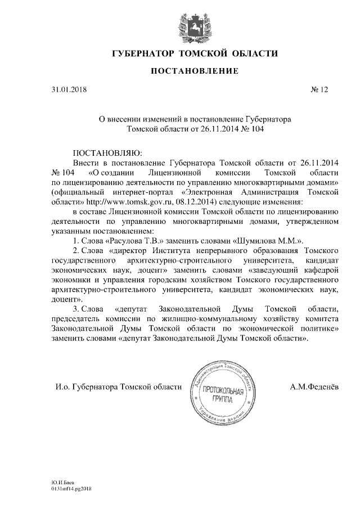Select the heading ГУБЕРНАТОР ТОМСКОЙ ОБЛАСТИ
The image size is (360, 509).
coord(195,54)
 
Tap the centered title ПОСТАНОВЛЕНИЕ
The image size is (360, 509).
coord(195,71)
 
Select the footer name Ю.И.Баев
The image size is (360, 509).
coord(56,483)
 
